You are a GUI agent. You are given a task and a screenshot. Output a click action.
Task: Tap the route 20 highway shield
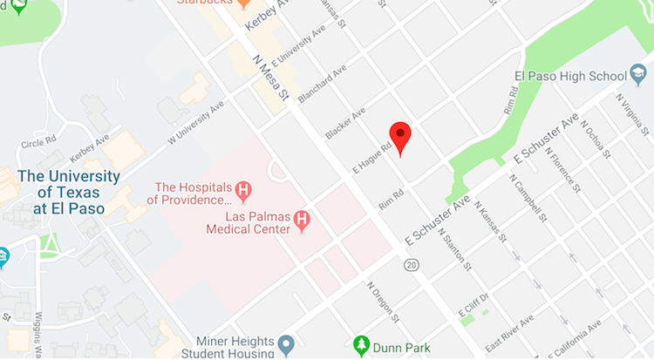coord(411,263)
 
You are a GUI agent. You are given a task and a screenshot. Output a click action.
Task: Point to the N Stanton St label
coord(455,249)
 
